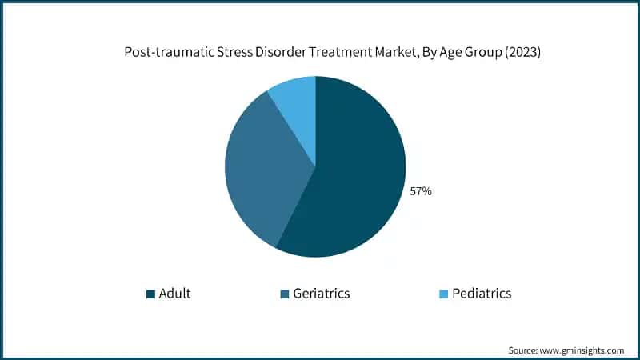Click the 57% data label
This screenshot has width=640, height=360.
pos(421,192)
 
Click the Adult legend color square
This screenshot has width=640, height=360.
pos(150,294)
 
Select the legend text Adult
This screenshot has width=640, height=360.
pos(174,294)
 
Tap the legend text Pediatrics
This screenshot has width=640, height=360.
pos(482,294)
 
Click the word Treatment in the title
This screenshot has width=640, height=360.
pos(323,54)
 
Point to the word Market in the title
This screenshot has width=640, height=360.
pos(380,54)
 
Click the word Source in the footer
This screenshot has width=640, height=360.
pos(525,350)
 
